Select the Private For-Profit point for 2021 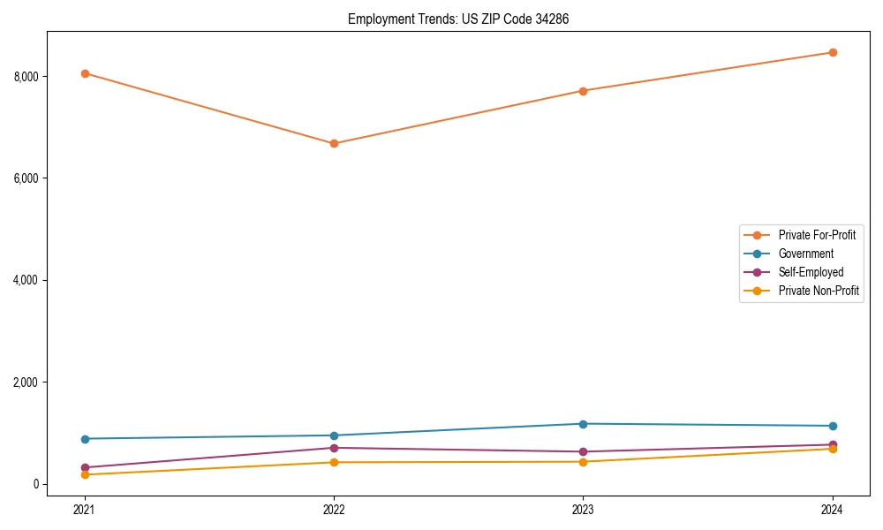click(85, 73)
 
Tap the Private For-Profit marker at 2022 click(334, 143)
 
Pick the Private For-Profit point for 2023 click(583, 91)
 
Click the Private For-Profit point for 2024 click(833, 52)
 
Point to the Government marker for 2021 click(85, 439)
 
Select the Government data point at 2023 click(583, 424)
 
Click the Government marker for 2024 click(833, 426)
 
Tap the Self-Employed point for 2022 click(334, 448)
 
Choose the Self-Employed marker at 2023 click(583, 451)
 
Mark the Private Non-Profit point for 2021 click(85, 474)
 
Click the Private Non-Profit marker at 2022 click(334, 462)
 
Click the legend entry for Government click(805, 254)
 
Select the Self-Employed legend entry click(811, 272)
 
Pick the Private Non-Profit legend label click(819, 291)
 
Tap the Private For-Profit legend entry click(817, 235)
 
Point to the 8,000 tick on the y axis click(26, 76)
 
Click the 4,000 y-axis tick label click(26, 280)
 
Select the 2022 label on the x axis click(334, 510)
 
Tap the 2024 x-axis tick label click(833, 510)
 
